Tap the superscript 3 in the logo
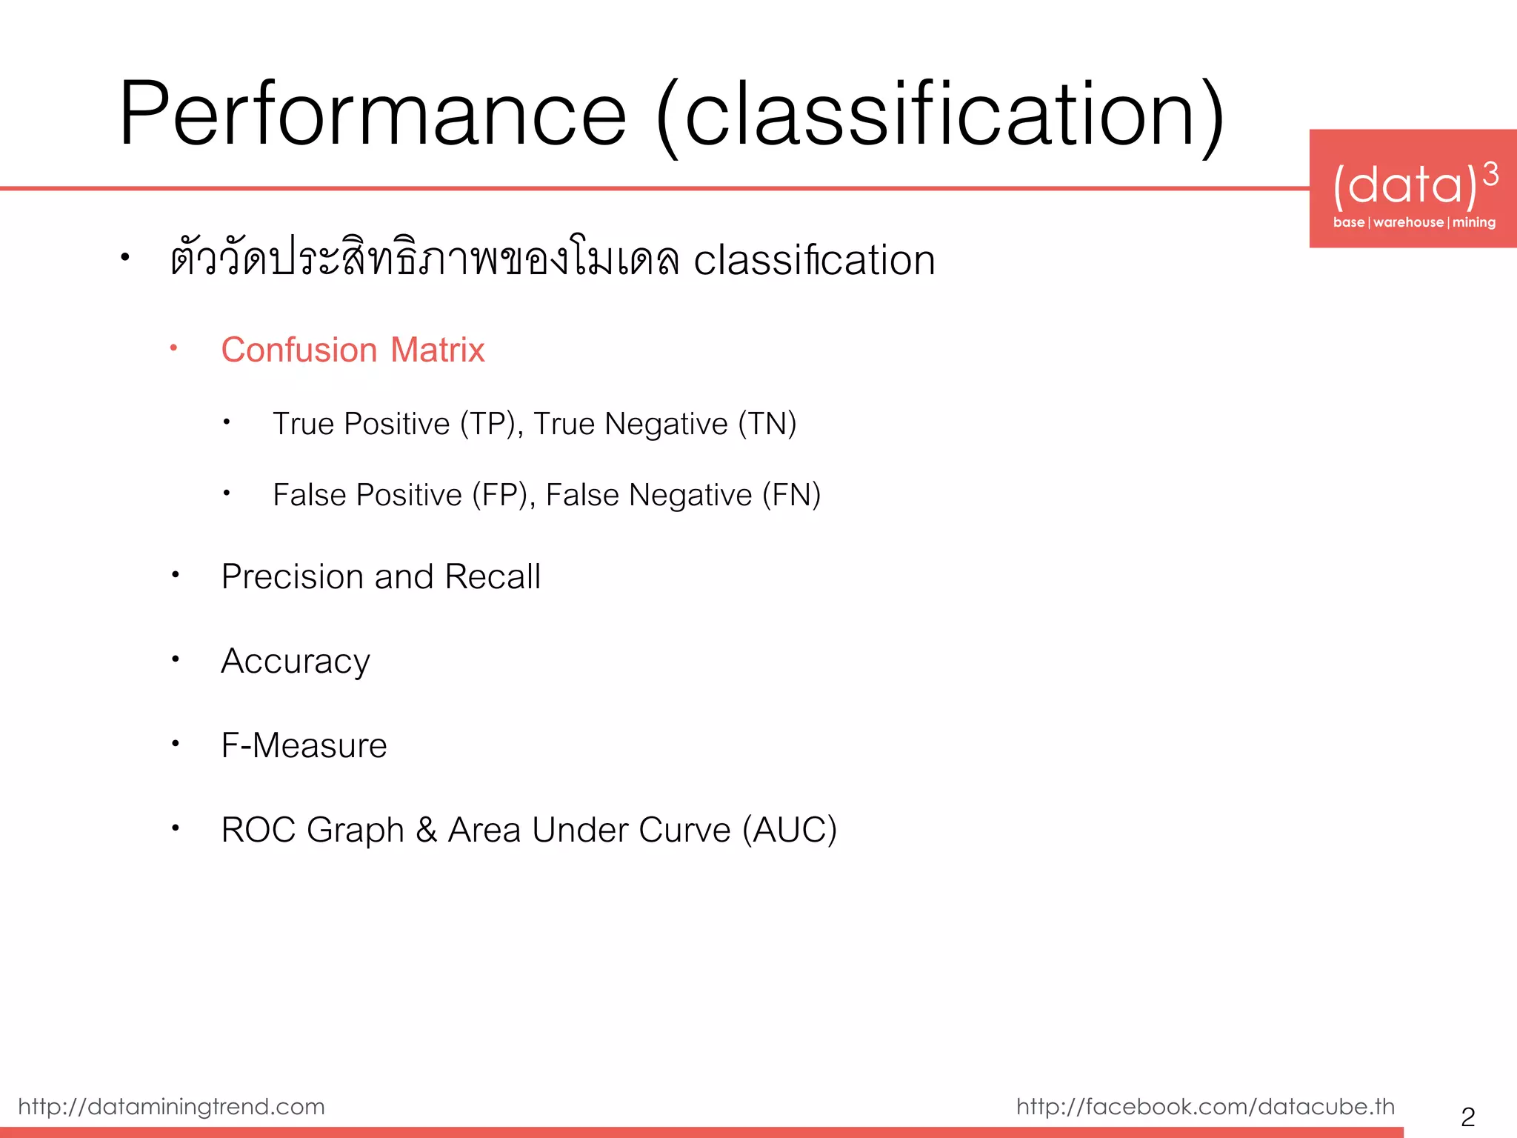click(1491, 175)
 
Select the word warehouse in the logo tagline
click(1408, 222)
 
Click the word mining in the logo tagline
click(1473, 222)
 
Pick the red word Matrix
click(437, 350)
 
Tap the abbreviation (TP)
click(487, 424)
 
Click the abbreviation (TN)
click(767, 424)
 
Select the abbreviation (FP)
click(500, 495)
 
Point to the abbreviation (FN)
click(791, 495)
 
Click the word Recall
click(493, 576)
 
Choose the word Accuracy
click(295, 662)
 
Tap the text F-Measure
click(304, 745)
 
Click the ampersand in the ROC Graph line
click(426, 830)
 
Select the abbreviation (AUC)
click(790, 830)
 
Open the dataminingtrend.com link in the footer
click(171, 1107)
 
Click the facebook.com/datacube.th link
click(1205, 1107)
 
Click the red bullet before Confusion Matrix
click(173, 347)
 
